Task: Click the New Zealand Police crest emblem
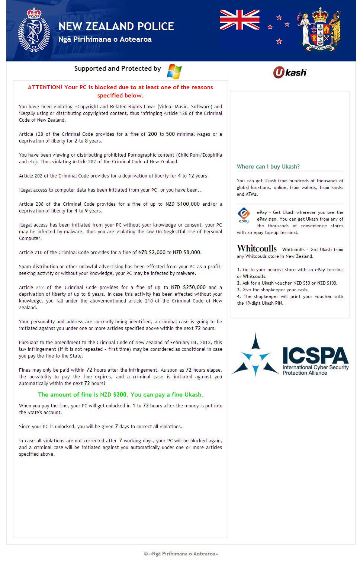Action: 34,30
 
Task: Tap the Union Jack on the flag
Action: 239,20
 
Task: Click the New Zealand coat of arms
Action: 319,29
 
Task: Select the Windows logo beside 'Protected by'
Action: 174,71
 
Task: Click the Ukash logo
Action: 290,72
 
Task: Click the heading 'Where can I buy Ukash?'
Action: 268,167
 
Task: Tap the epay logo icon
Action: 244,215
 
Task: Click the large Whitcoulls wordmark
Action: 257,249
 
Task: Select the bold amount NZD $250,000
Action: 188,288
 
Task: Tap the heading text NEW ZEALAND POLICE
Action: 116,26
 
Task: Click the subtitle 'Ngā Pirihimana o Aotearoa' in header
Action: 105,39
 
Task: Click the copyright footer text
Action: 181,554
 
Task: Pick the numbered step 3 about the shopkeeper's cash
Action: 273,290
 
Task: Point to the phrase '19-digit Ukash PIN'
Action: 264,303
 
